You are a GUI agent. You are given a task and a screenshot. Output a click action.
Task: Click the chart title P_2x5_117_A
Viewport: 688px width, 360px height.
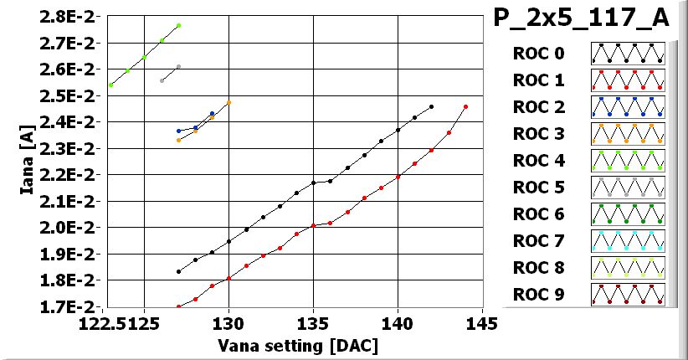[586, 20]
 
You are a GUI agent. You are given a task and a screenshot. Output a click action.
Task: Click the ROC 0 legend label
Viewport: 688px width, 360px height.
[538, 54]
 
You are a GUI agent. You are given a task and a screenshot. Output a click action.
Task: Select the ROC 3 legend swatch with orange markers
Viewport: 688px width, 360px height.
[628, 134]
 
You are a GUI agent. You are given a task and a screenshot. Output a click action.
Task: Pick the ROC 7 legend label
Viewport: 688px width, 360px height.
[538, 241]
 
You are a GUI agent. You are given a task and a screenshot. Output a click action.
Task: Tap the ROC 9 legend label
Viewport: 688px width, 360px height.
[538, 295]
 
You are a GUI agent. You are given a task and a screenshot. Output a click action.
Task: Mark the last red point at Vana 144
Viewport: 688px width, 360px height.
[465, 107]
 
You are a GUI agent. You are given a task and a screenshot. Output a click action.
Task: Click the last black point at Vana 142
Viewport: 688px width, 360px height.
[431, 107]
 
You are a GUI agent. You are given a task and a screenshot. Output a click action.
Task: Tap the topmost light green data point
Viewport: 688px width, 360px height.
[178, 26]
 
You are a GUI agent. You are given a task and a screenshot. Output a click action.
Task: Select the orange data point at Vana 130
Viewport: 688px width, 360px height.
[228, 102]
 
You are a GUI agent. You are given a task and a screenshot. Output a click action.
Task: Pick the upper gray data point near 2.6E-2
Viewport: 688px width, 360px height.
[178, 67]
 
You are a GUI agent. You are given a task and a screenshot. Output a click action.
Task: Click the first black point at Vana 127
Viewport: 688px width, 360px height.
[178, 271]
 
